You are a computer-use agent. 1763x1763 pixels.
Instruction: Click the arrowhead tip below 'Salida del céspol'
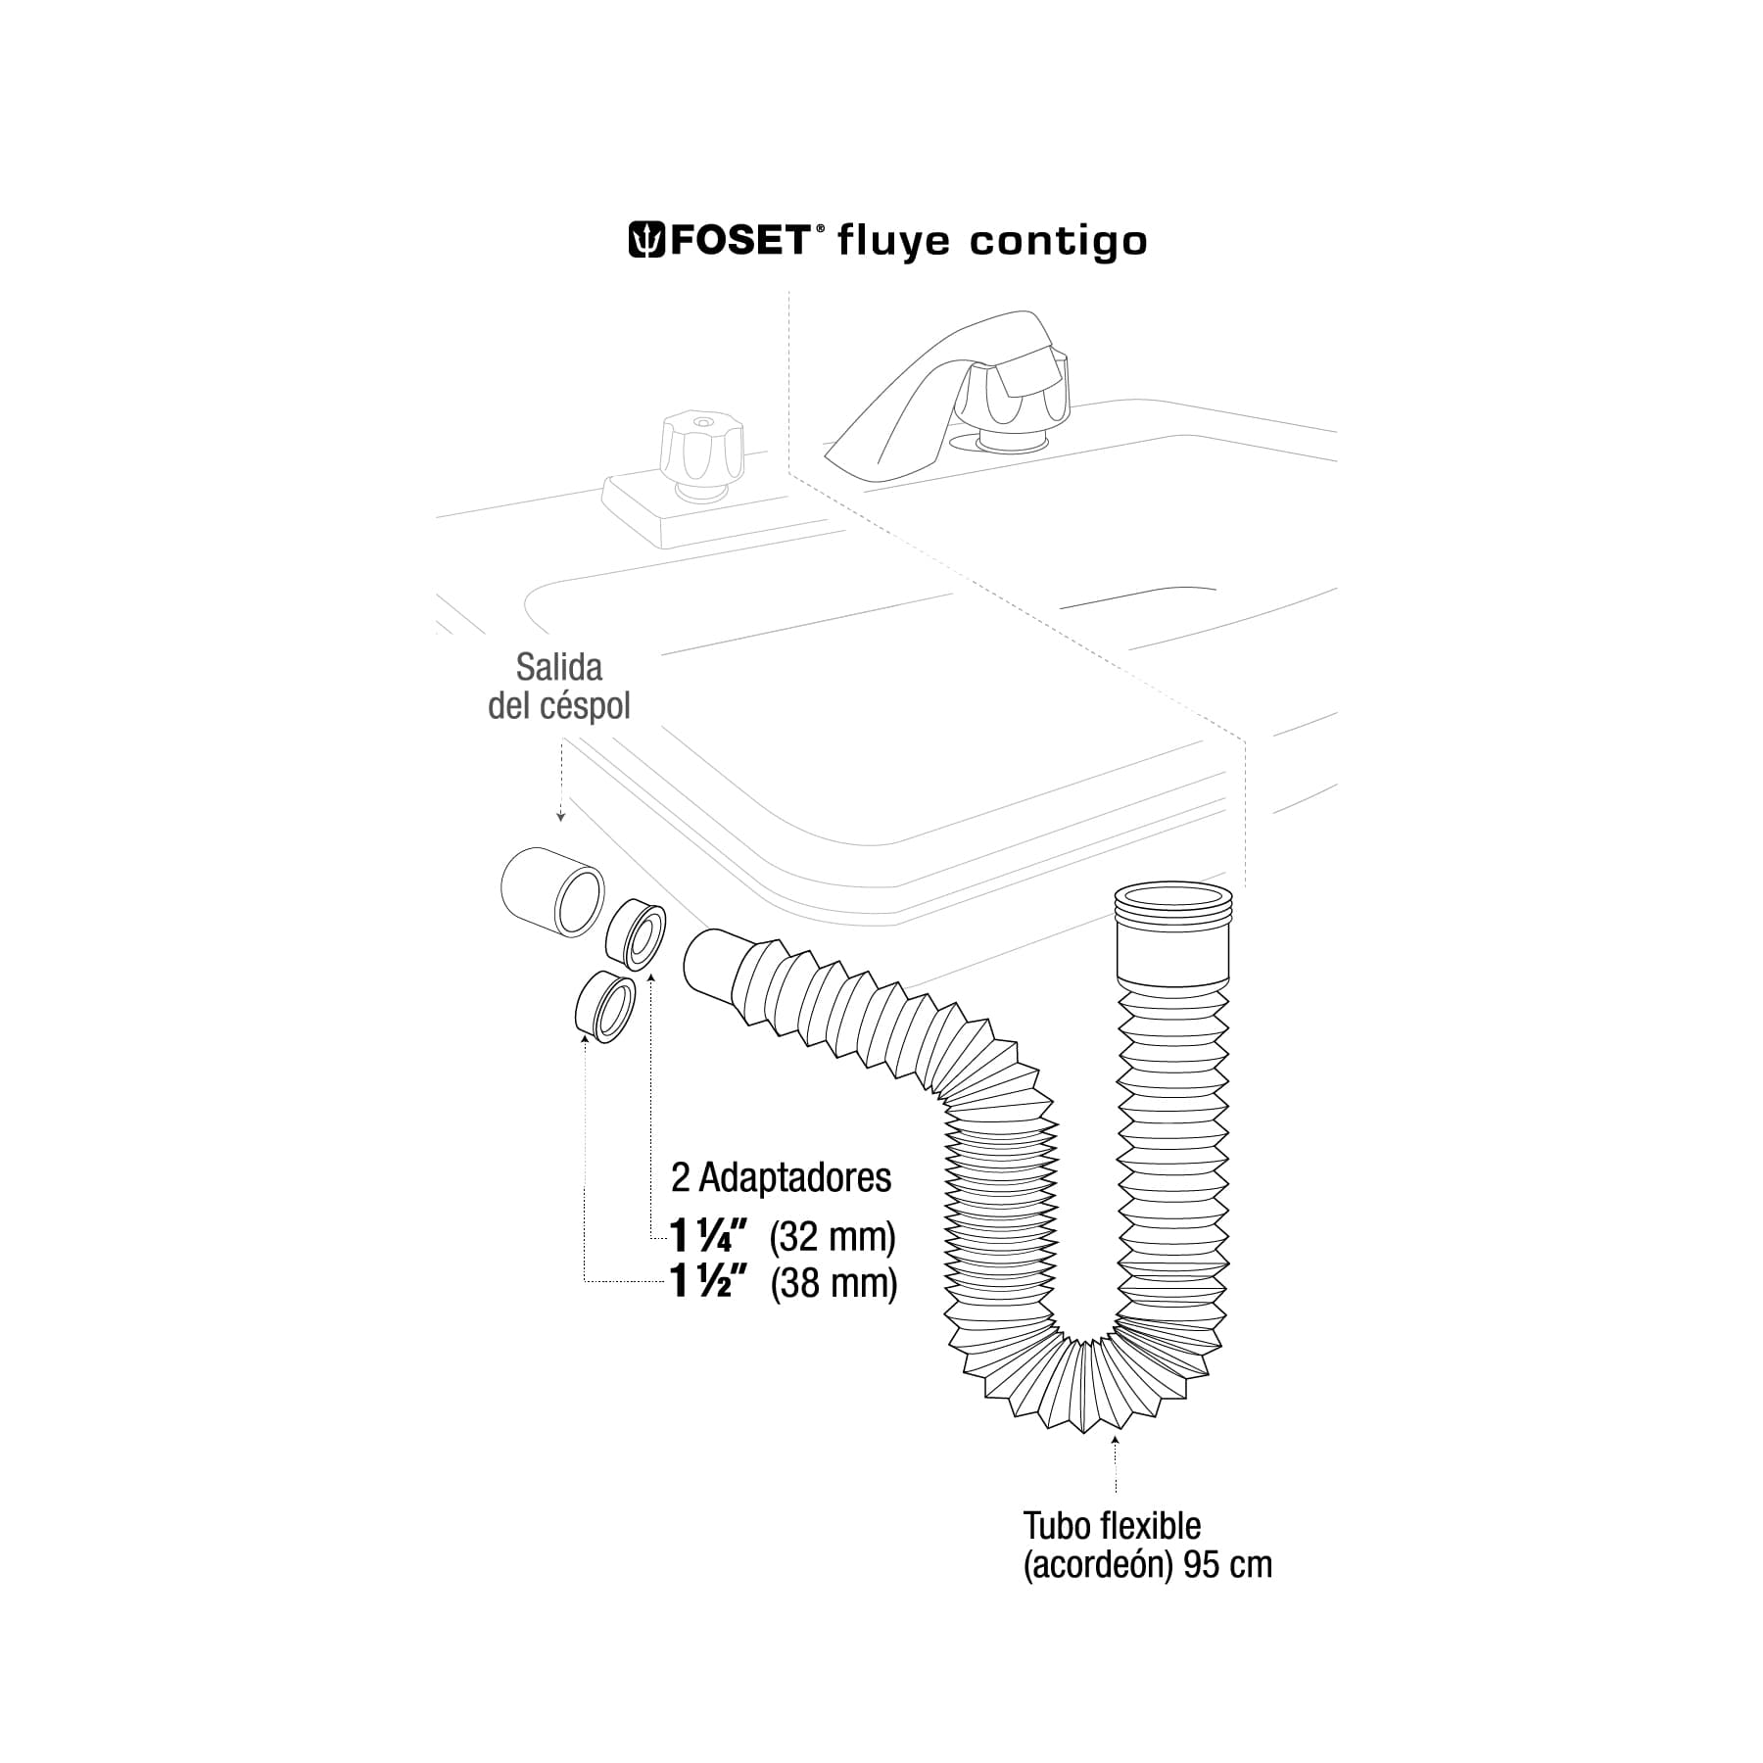coord(560,821)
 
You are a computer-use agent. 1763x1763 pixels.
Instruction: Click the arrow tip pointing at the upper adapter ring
coord(650,977)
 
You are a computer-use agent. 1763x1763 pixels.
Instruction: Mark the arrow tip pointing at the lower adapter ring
coord(585,1036)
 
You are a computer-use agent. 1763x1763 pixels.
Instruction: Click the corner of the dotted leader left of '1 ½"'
coord(585,1282)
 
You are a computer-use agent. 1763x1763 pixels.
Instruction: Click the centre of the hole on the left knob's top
coord(701,422)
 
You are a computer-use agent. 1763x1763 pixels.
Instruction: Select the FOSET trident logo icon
coord(646,240)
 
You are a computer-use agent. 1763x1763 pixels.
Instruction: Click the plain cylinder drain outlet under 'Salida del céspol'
coord(551,892)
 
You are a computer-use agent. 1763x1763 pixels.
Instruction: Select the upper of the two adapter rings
coord(635,936)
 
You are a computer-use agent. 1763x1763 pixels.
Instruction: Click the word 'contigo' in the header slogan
coord(1058,242)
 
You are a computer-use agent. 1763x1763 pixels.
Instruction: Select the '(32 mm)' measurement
coord(833,1238)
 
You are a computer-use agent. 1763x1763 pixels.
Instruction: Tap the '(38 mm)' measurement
coord(834,1283)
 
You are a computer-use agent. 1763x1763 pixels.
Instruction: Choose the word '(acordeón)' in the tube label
coord(1098,1565)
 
